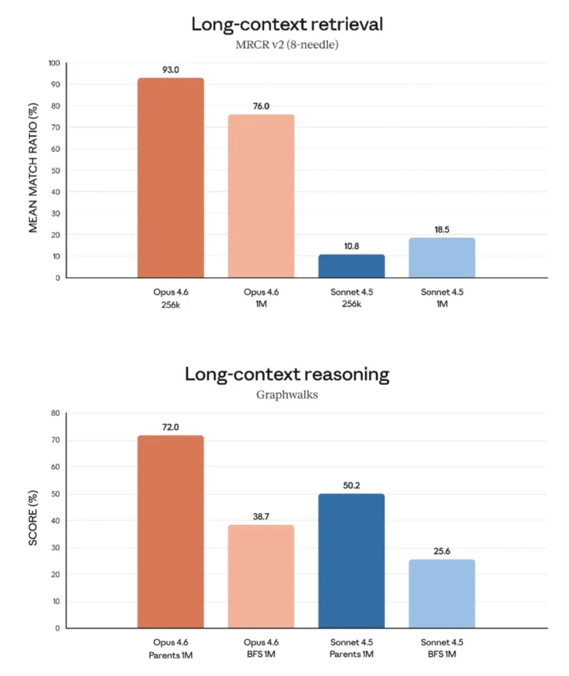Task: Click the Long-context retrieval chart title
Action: pyautogui.click(x=287, y=24)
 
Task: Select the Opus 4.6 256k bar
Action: pyautogui.click(x=171, y=178)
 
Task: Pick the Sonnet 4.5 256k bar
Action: pyautogui.click(x=352, y=266)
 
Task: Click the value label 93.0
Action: pyautogui.click(x=171, y=70)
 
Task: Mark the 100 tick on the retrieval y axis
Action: pyautogui.click(x=54, y=63)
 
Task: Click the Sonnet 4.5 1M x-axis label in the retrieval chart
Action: pyautogui.click(x=442, y=298)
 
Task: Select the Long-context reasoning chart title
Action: pyautogui.click(x=287, y=374)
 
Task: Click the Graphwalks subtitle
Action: pyautogui.click(x=287, y=395)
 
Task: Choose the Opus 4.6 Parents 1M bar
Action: pyautogui.click(x=171, y=531)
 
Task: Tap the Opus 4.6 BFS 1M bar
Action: pyautogui.click(x=261, y=576)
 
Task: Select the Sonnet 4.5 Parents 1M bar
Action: pyautogui.click(x=352, y=561)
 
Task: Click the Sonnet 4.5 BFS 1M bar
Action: pyautogui.click(x=442, y=594)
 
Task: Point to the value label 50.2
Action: pyautogui.click(x=352, y=485)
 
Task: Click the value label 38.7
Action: pyautogui.click(x=261, y=515)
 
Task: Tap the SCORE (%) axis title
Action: pyautogui.click(x=33, y=521)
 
